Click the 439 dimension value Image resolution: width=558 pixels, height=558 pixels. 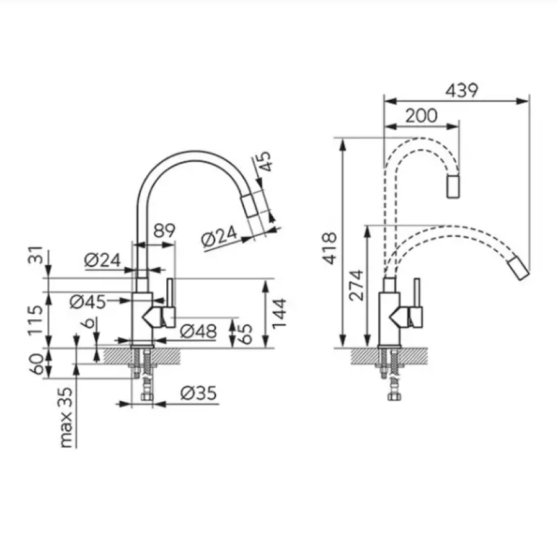click(461, 91)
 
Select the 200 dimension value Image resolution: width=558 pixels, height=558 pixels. click(422, 116)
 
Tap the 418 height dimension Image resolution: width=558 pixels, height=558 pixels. click(330, 248)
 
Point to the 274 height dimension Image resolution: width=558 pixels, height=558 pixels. click(356, 285)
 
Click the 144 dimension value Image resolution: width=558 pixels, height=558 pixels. click(280, 313)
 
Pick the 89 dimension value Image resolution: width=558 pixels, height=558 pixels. click(164, 231)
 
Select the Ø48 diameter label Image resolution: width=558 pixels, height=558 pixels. click(198, 332)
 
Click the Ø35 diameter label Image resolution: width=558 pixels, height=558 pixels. click(198, 393)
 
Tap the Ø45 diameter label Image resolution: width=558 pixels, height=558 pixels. click(88, 302)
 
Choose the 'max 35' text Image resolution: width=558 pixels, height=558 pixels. click(66, 417)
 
